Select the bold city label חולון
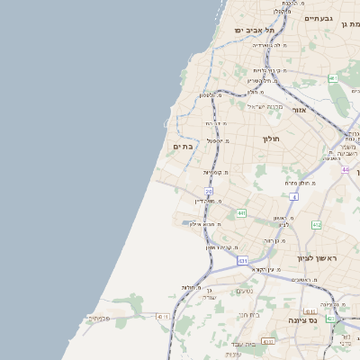click(272, 139)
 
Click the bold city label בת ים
click(184, 146)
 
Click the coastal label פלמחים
click(98, 318)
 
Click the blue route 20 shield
click(209, 192)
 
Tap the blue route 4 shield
click(294, 195)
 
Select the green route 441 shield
click(241, 213)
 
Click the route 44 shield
click(345, 169)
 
